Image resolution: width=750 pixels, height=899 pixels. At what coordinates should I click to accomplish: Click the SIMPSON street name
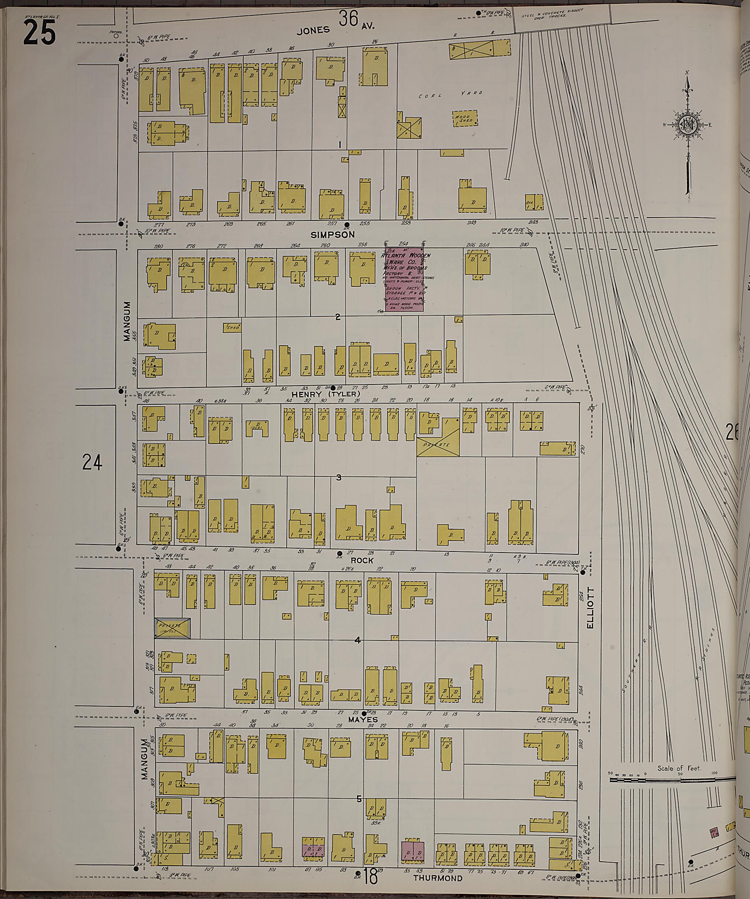[x=339, y=235]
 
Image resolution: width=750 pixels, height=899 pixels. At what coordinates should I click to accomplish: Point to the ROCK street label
[x=362, y=560]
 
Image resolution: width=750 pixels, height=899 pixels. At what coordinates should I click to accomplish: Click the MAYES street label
[x=363, y=720]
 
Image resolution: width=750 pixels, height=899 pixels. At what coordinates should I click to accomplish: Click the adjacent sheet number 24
[x=92, y=462]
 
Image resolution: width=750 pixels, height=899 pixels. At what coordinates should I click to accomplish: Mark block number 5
[x=359, y=799]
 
